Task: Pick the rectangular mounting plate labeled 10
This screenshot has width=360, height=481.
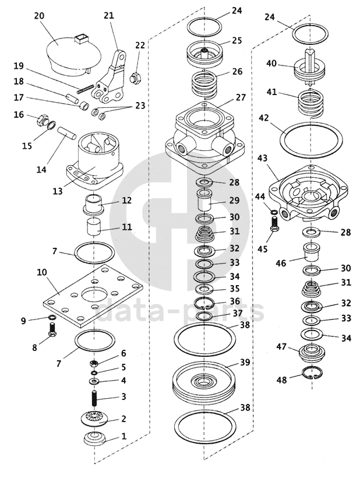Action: coord(93,294)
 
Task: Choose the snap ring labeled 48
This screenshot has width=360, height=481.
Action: coord(312,373)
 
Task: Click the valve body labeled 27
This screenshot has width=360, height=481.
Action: coord(205,135)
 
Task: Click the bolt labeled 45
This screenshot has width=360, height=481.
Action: coord(274,223)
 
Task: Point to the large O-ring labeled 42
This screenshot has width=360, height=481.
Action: coord(311,139)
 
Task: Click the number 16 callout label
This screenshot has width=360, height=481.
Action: coord(19,114)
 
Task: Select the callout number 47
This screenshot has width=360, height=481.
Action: coord(281,347)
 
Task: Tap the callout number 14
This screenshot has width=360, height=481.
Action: coord(41,169)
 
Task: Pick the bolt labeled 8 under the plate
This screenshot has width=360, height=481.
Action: coord(52,330)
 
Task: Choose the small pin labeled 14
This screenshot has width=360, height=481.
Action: coord(67,134)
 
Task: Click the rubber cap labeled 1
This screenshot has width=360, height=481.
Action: coord(96,438)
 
